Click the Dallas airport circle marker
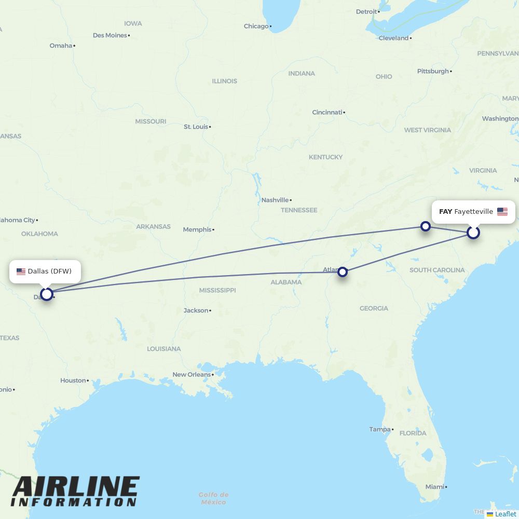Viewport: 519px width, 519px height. pyautogui.click(x=47, y=294)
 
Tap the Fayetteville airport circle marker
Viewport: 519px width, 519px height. pyautogui.click(x=473, y=232)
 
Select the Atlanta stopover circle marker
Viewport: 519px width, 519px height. pyautogui.click(x=343, y=271)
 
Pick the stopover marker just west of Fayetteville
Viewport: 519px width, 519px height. pyautogui.click(x=426, y=226)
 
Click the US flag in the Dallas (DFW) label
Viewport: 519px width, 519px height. pyautogui.click(x=21, y=271)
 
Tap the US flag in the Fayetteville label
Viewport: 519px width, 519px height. pyautogui.click(x=502, y=212)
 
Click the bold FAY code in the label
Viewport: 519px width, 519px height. pyautogui.click(x=445, y=212)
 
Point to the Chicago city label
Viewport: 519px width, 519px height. pyautogui.click(x=256, y=26)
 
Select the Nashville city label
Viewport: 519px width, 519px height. pyautogui.click(x=275, y=200)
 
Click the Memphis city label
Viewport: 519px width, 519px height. pyautogui.click(x=197, y=229)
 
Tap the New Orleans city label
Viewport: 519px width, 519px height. pyautogui.click(x=192, y=374)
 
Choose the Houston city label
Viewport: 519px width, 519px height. pyautogui.click(x=73, y=380)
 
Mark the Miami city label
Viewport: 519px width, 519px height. pyautogui.click(x=434, y=487)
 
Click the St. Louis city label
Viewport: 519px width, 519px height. pyautogui.click(x=196, y=127)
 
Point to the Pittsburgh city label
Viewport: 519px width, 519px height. pyautogui.click(x=433, y=71)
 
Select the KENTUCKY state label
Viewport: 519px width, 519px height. pyautogui.click(x=325, y=157)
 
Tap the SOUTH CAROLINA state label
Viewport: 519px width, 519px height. pyautogui.click(x=437, y=270)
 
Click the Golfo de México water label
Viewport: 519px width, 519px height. pyautogui.click(x=214, y=498)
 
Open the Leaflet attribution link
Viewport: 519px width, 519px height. pyautogui.click(x=506, y=514)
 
